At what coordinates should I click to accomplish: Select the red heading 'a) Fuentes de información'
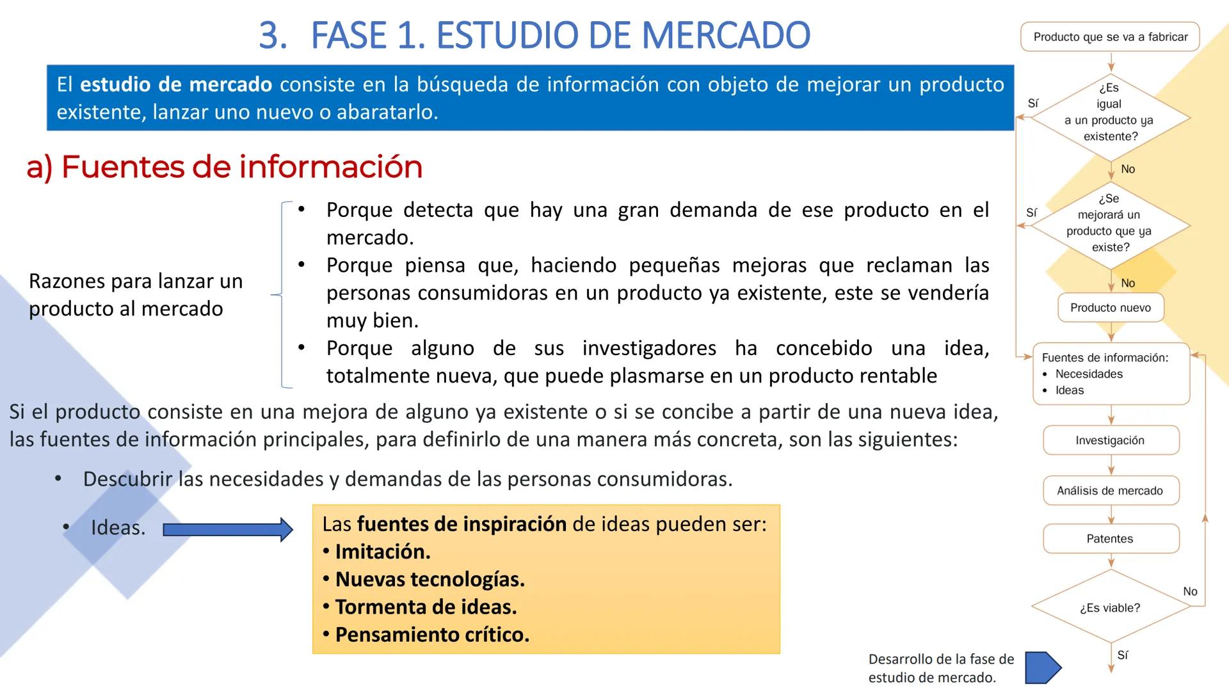coord(225,167)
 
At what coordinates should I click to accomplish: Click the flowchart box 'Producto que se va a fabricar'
coord(1110,37)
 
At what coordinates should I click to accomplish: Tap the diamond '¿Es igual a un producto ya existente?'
coord(1110,119)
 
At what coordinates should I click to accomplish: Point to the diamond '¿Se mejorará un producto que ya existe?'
coord(1110,226)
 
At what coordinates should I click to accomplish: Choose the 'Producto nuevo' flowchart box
coord(1110,308)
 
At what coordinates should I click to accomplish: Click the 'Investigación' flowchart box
coord(1110,440)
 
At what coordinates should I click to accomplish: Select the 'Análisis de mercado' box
coord(1110,491)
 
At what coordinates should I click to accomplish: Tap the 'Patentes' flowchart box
coord(1110,539)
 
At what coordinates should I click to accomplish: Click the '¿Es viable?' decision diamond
coord(1110,608)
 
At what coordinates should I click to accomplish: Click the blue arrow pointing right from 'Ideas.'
coord(228,529)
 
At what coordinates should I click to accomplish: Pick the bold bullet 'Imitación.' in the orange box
coord(382,552)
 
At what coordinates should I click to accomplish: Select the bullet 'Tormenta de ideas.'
coord(425,607)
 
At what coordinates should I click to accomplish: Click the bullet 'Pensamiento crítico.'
coord(431,635)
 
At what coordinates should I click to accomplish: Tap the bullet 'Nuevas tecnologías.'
coord(429,579)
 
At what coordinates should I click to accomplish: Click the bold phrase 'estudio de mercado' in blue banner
coord(176,84)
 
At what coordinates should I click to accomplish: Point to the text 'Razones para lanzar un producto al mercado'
coord(136,295)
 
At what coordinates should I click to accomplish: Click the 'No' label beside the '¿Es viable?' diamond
coord(1190,591)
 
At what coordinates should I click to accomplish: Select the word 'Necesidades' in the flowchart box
coord(1089,374)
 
